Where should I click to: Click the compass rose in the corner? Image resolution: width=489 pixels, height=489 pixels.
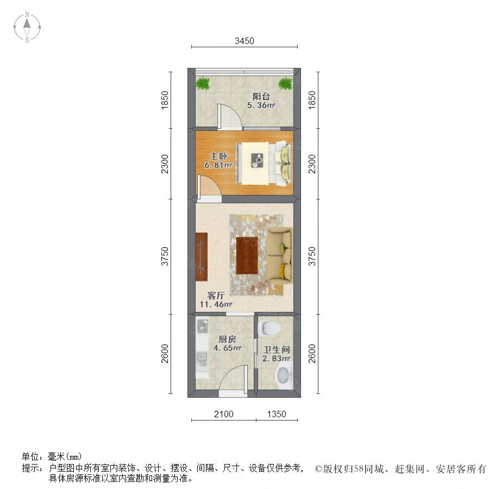(x=27, y=27)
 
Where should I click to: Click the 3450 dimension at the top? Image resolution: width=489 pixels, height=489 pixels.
(x=244, y=41)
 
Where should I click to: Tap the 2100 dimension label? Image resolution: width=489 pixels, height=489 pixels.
(x=224, y=414)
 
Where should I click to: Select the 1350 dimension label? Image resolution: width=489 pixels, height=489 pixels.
(x=277, y=414)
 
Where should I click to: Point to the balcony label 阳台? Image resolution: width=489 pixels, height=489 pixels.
(x=261, y=96)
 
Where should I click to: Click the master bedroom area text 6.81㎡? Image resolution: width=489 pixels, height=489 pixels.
(x=218, y=165)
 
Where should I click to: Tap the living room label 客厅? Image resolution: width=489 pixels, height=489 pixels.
(x=216, y=296)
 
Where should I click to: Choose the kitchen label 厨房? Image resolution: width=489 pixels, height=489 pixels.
(x=227, y=339)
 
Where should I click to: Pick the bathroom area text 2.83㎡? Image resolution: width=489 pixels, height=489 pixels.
(x=277, y=359)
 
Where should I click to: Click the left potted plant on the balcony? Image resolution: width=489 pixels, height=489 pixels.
(x=203, y=83)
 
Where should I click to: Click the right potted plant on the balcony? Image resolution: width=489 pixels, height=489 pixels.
(x=285, y=83)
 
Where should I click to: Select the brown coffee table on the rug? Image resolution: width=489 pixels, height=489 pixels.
(x=247, y=256)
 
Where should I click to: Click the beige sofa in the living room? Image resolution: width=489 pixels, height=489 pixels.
(x=280, y=256)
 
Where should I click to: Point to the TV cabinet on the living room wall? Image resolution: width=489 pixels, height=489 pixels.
(x=202, y=256)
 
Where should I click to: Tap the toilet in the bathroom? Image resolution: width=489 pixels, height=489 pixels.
(x=269, y=328)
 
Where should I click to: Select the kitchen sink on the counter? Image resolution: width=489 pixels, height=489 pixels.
(x=202, y=359)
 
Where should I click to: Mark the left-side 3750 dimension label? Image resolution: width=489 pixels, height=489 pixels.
(x=164, y=256)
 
